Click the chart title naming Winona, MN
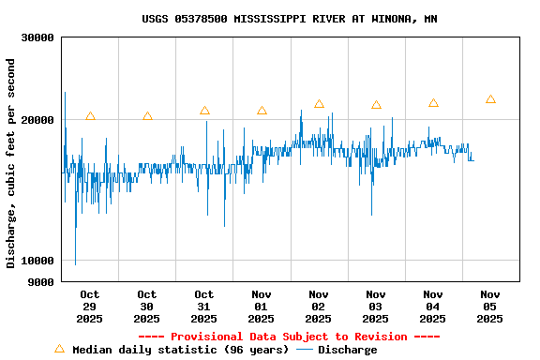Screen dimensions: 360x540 pos(289,19)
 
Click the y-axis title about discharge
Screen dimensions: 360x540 pos(11,163)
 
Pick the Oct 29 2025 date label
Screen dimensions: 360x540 pos(90,307)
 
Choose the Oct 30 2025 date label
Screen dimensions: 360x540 pos(147,307)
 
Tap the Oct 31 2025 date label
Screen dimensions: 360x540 pos(204,307)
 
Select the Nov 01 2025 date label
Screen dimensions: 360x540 pos(262,307)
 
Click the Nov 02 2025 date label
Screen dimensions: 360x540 pos(319,307)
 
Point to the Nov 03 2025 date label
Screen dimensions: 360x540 pos(376,307)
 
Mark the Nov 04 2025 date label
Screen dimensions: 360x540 pos(433,307)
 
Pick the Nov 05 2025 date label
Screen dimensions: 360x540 pos(490,307)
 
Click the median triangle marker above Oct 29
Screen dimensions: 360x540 pos(90,116)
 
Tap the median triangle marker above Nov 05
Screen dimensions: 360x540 pos(490,98)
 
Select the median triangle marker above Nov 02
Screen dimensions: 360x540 pos(319,104)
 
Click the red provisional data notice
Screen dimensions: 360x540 pos(289,337)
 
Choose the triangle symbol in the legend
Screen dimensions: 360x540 pos(59,349)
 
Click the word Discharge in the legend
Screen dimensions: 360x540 pos(347,350)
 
